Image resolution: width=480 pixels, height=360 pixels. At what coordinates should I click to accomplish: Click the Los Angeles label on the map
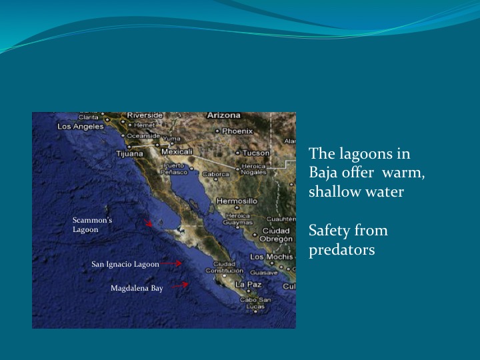coord(81,126)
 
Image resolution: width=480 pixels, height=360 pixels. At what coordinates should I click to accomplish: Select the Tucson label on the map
coord(255,153)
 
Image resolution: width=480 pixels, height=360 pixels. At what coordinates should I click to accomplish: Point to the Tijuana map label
coord(130,153)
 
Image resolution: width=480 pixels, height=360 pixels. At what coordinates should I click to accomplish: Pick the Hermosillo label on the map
coord(237,200)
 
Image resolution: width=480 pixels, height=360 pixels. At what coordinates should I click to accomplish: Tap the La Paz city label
coord(248,284)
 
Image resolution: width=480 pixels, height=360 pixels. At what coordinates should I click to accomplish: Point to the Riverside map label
coord(145,115)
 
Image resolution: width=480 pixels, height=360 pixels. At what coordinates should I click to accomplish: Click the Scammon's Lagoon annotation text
coord(92,225)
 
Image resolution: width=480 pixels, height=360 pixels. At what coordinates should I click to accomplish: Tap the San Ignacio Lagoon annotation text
coord(125,264)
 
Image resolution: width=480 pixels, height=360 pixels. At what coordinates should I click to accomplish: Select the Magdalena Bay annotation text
coord(137,288)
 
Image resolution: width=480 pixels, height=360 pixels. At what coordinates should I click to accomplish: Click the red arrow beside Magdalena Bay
coord(179,285)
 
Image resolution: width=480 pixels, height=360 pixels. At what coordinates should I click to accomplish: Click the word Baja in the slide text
coord(323,173)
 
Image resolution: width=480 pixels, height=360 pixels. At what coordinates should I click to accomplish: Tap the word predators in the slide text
coord(342,250)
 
